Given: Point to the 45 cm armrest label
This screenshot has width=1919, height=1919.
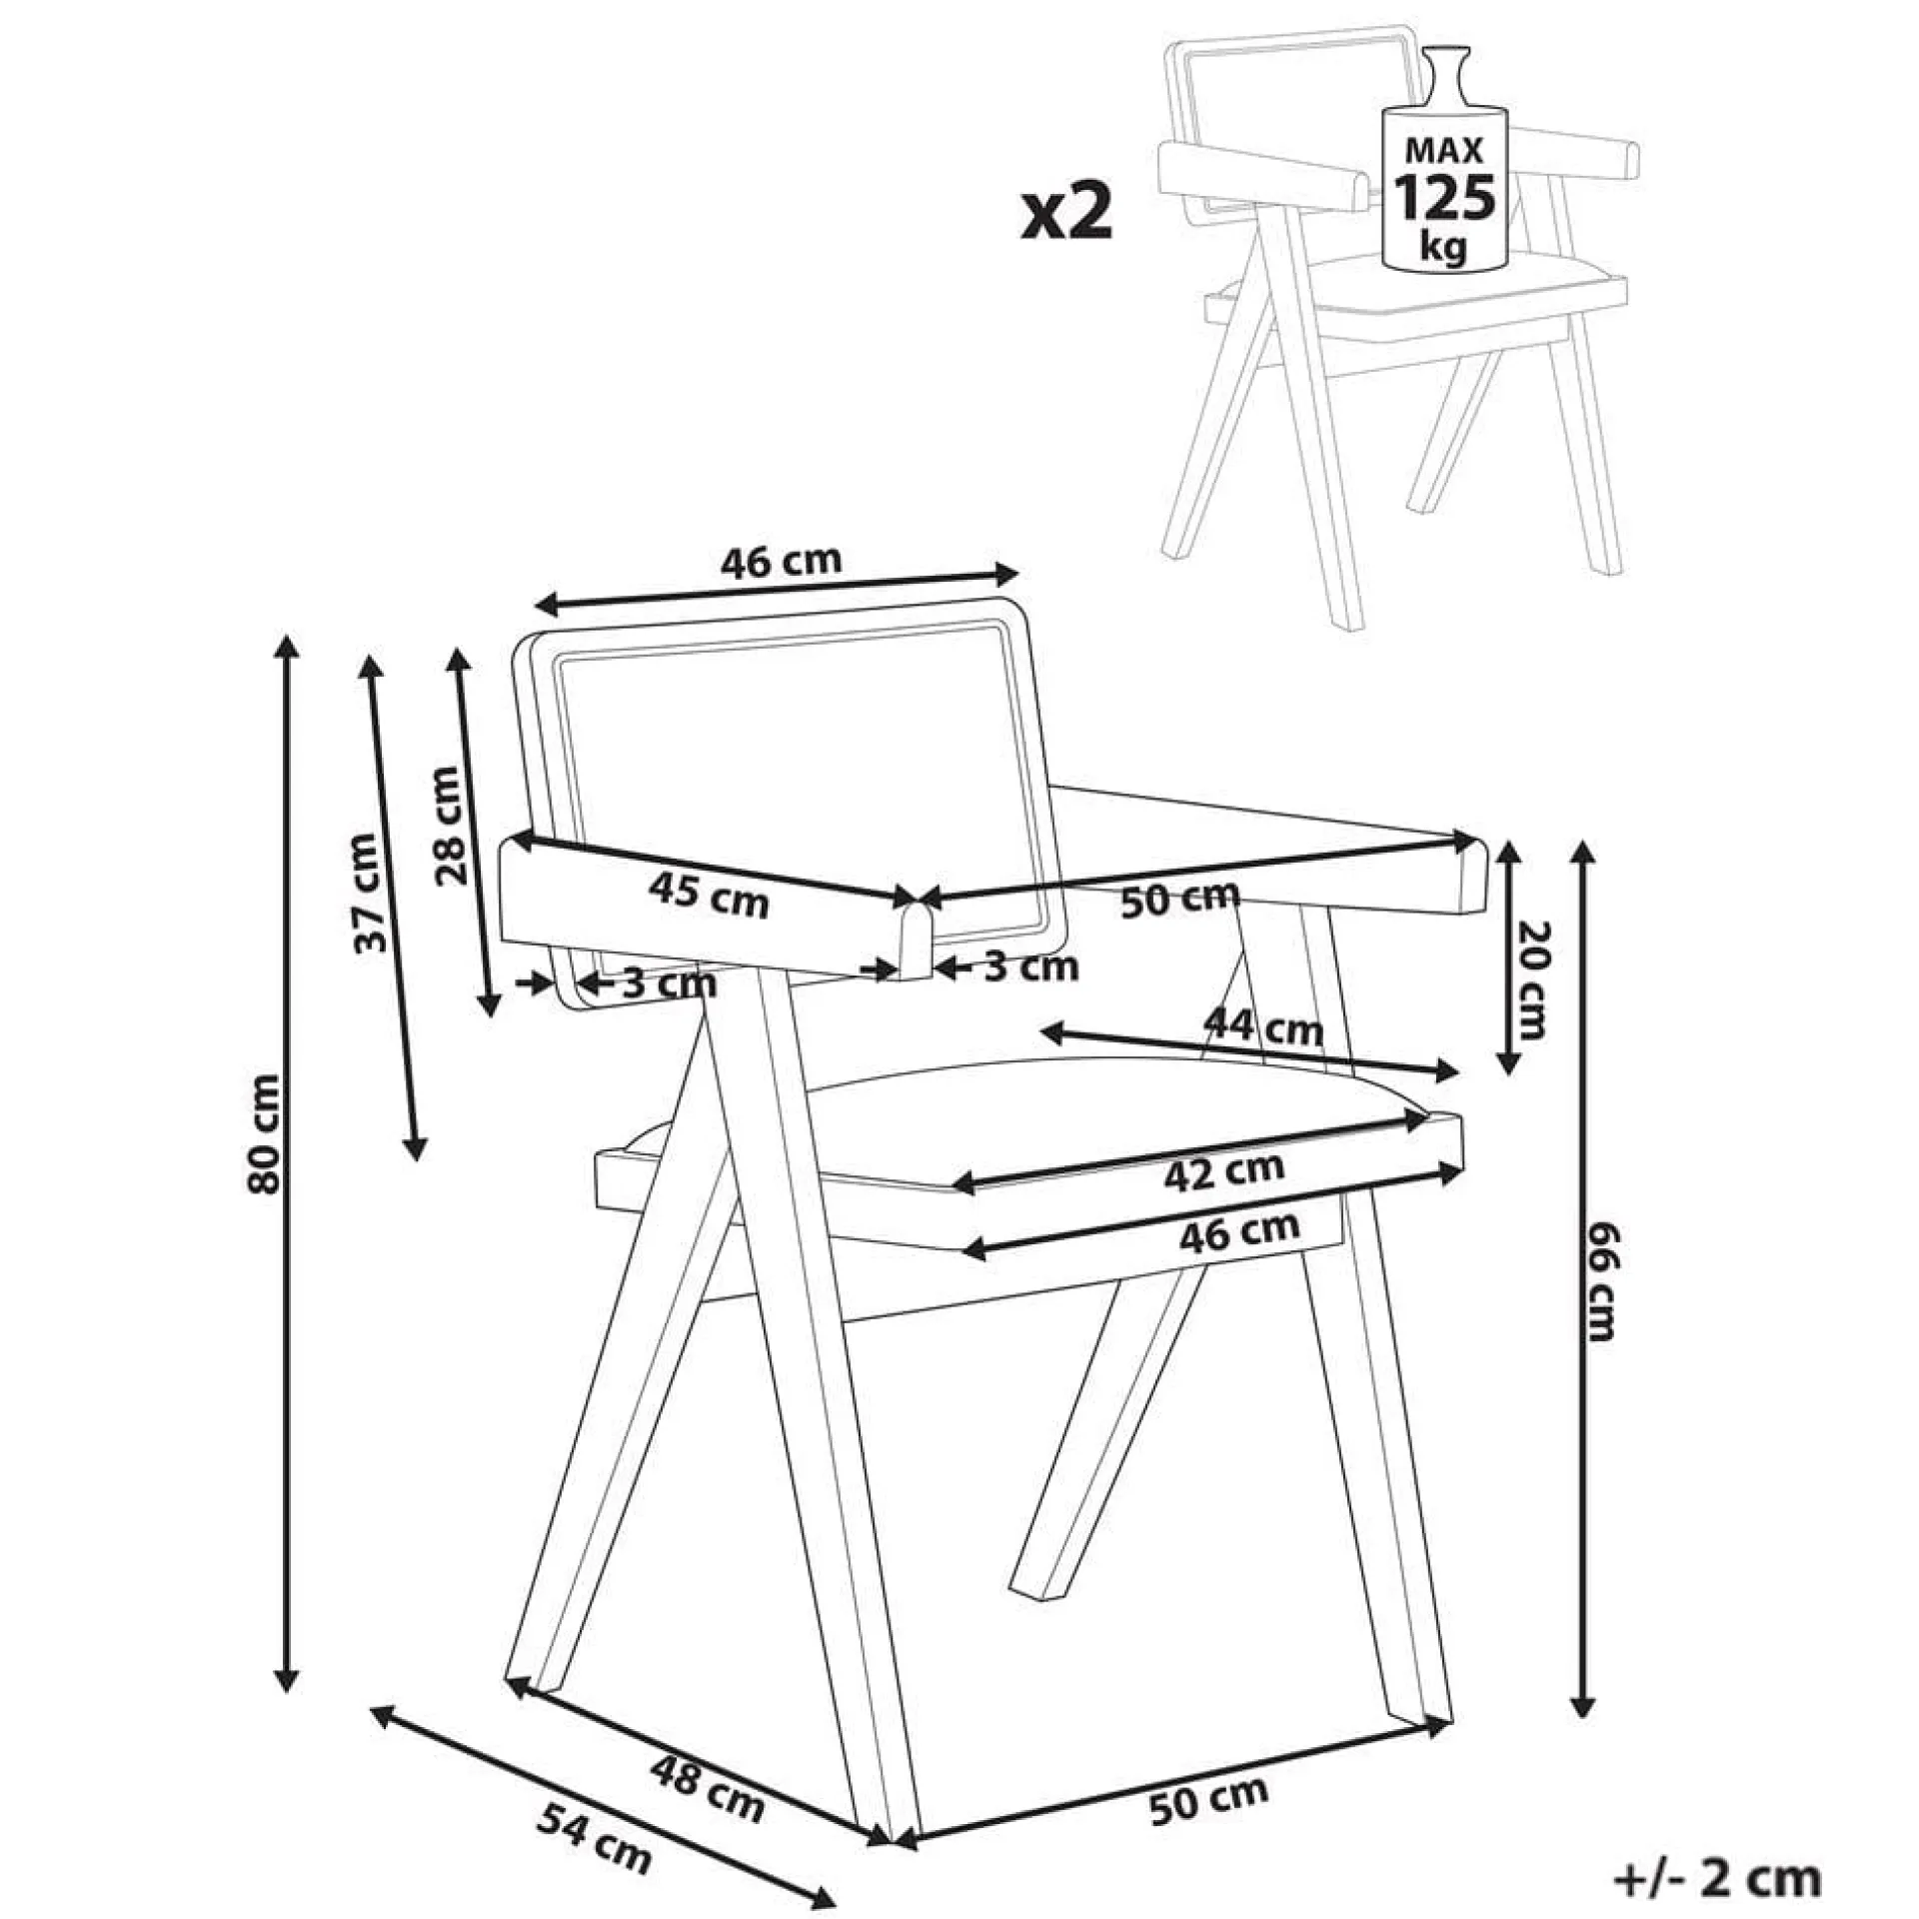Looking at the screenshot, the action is click(709, 895).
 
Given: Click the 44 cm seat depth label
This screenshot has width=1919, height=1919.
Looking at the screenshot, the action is click(1263, 1026).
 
